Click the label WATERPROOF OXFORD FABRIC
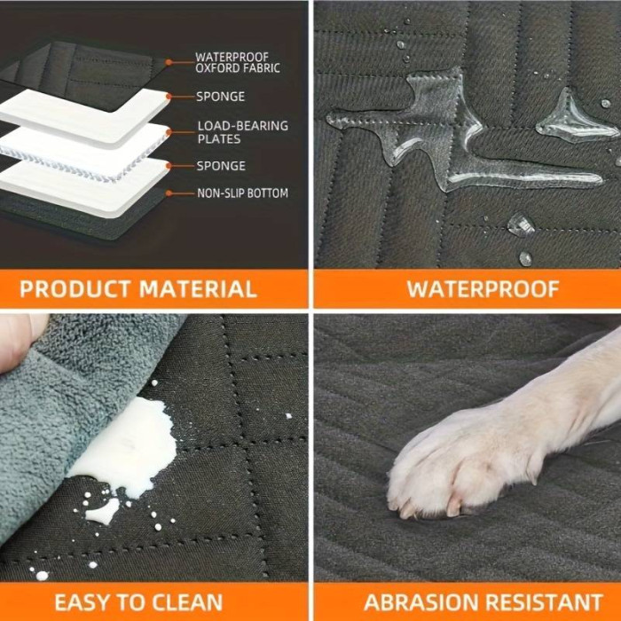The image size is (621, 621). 238,63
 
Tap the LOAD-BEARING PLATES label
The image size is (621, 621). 243,132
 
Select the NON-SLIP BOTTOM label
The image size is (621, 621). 242,193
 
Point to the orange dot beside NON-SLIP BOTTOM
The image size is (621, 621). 169,193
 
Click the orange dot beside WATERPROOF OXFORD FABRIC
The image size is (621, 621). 169,62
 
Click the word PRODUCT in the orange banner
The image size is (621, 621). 75,288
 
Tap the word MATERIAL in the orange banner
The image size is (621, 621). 198,288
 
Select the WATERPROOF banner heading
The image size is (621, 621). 483,288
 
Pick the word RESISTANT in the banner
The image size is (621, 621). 544,602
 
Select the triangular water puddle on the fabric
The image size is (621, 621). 574,119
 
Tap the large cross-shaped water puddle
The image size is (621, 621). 455,130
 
